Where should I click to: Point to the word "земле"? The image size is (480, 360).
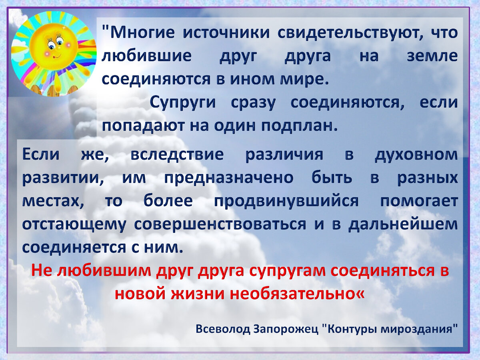coord(432,56)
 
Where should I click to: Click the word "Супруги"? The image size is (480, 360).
coord(183,102)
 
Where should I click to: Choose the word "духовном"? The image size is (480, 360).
coord(416,154)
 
